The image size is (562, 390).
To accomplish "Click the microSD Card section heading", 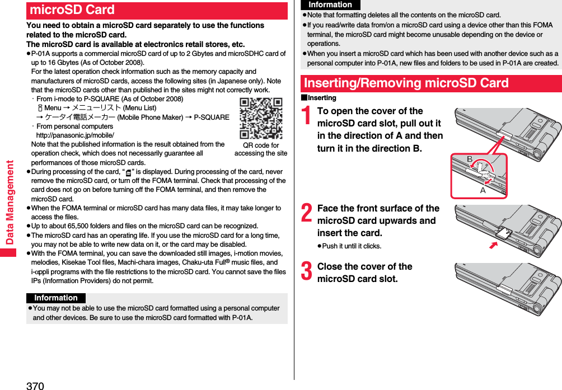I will (x=72, y=10).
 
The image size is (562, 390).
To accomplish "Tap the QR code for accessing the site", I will (x=261, y=118).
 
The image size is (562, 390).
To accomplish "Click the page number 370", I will (x=35, y=385).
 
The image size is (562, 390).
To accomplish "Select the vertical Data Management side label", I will (x=10, y=202).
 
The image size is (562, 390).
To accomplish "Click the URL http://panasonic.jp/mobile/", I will (x=75, y=135).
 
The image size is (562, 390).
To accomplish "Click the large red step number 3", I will (x=306, y=272).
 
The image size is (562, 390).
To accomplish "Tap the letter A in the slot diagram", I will (x=483, y=190).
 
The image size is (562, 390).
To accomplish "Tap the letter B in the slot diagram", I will (x=470, y=159).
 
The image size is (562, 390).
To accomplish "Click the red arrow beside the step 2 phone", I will (x=493, y=245).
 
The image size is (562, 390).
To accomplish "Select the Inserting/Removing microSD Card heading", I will (x=406, y=83).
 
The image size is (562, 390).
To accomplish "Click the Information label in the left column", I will (x=56, y=298).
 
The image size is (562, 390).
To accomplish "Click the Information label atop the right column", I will (x=330, y=4).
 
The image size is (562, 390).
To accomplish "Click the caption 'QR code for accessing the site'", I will (x=261, y=149).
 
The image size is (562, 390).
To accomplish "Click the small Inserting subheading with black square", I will (x=319, y=98).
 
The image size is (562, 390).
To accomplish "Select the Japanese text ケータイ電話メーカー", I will (x=79, y=117).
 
